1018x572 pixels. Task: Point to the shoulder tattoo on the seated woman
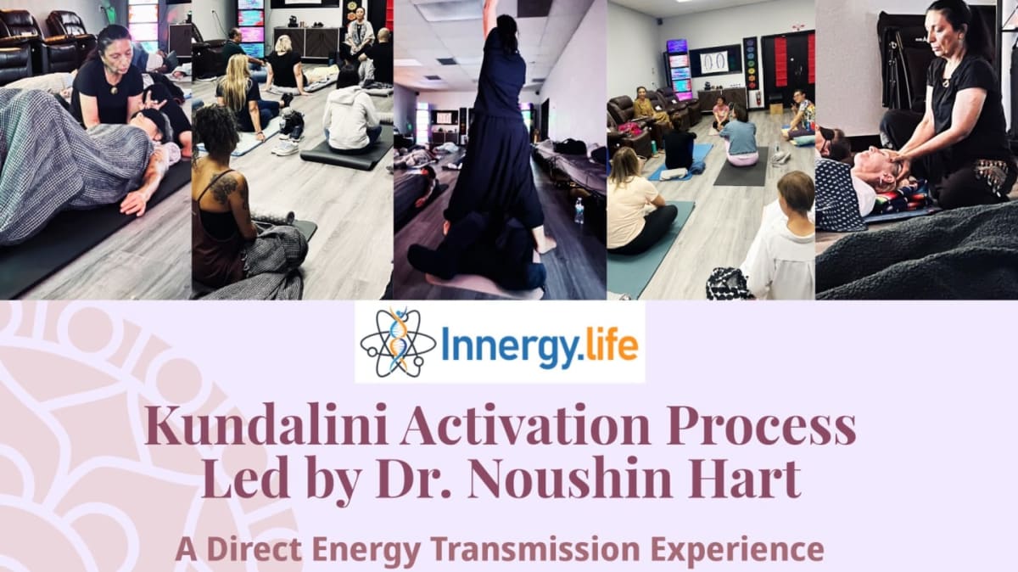(x=224, y=188)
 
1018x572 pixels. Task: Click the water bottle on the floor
(x=579, y=210)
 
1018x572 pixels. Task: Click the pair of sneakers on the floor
(x=288, y=135)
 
